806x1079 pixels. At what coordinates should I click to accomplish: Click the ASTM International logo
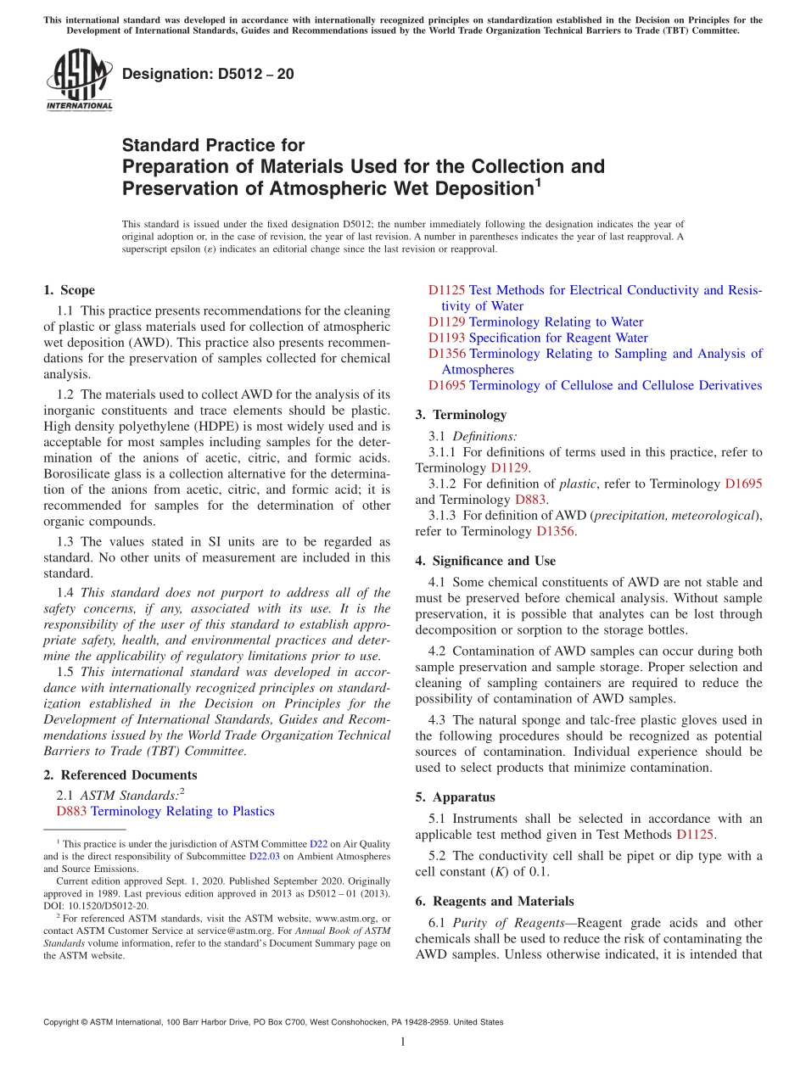(x=78, y=80)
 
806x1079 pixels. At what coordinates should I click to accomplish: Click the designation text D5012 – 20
(x=208, y=74)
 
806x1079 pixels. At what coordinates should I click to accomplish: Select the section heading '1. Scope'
(x=70, y=290)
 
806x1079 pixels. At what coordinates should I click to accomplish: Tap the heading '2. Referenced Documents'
(x=120, y=774)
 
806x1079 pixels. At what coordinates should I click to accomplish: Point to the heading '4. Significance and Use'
(x=485, y=561)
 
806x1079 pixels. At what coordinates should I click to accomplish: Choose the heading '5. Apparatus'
(x=455, y=797)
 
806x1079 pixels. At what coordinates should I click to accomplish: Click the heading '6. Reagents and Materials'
(x=494, y=901)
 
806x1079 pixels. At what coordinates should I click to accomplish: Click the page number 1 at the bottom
(x=403, y=1042)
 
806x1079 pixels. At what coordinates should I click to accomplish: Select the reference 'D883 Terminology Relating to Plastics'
(x=165, y=811)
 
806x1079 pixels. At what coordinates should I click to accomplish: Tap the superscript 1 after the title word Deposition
(x=537, y=182)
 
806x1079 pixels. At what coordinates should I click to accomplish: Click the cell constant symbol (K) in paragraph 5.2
(x=475, y=872)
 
